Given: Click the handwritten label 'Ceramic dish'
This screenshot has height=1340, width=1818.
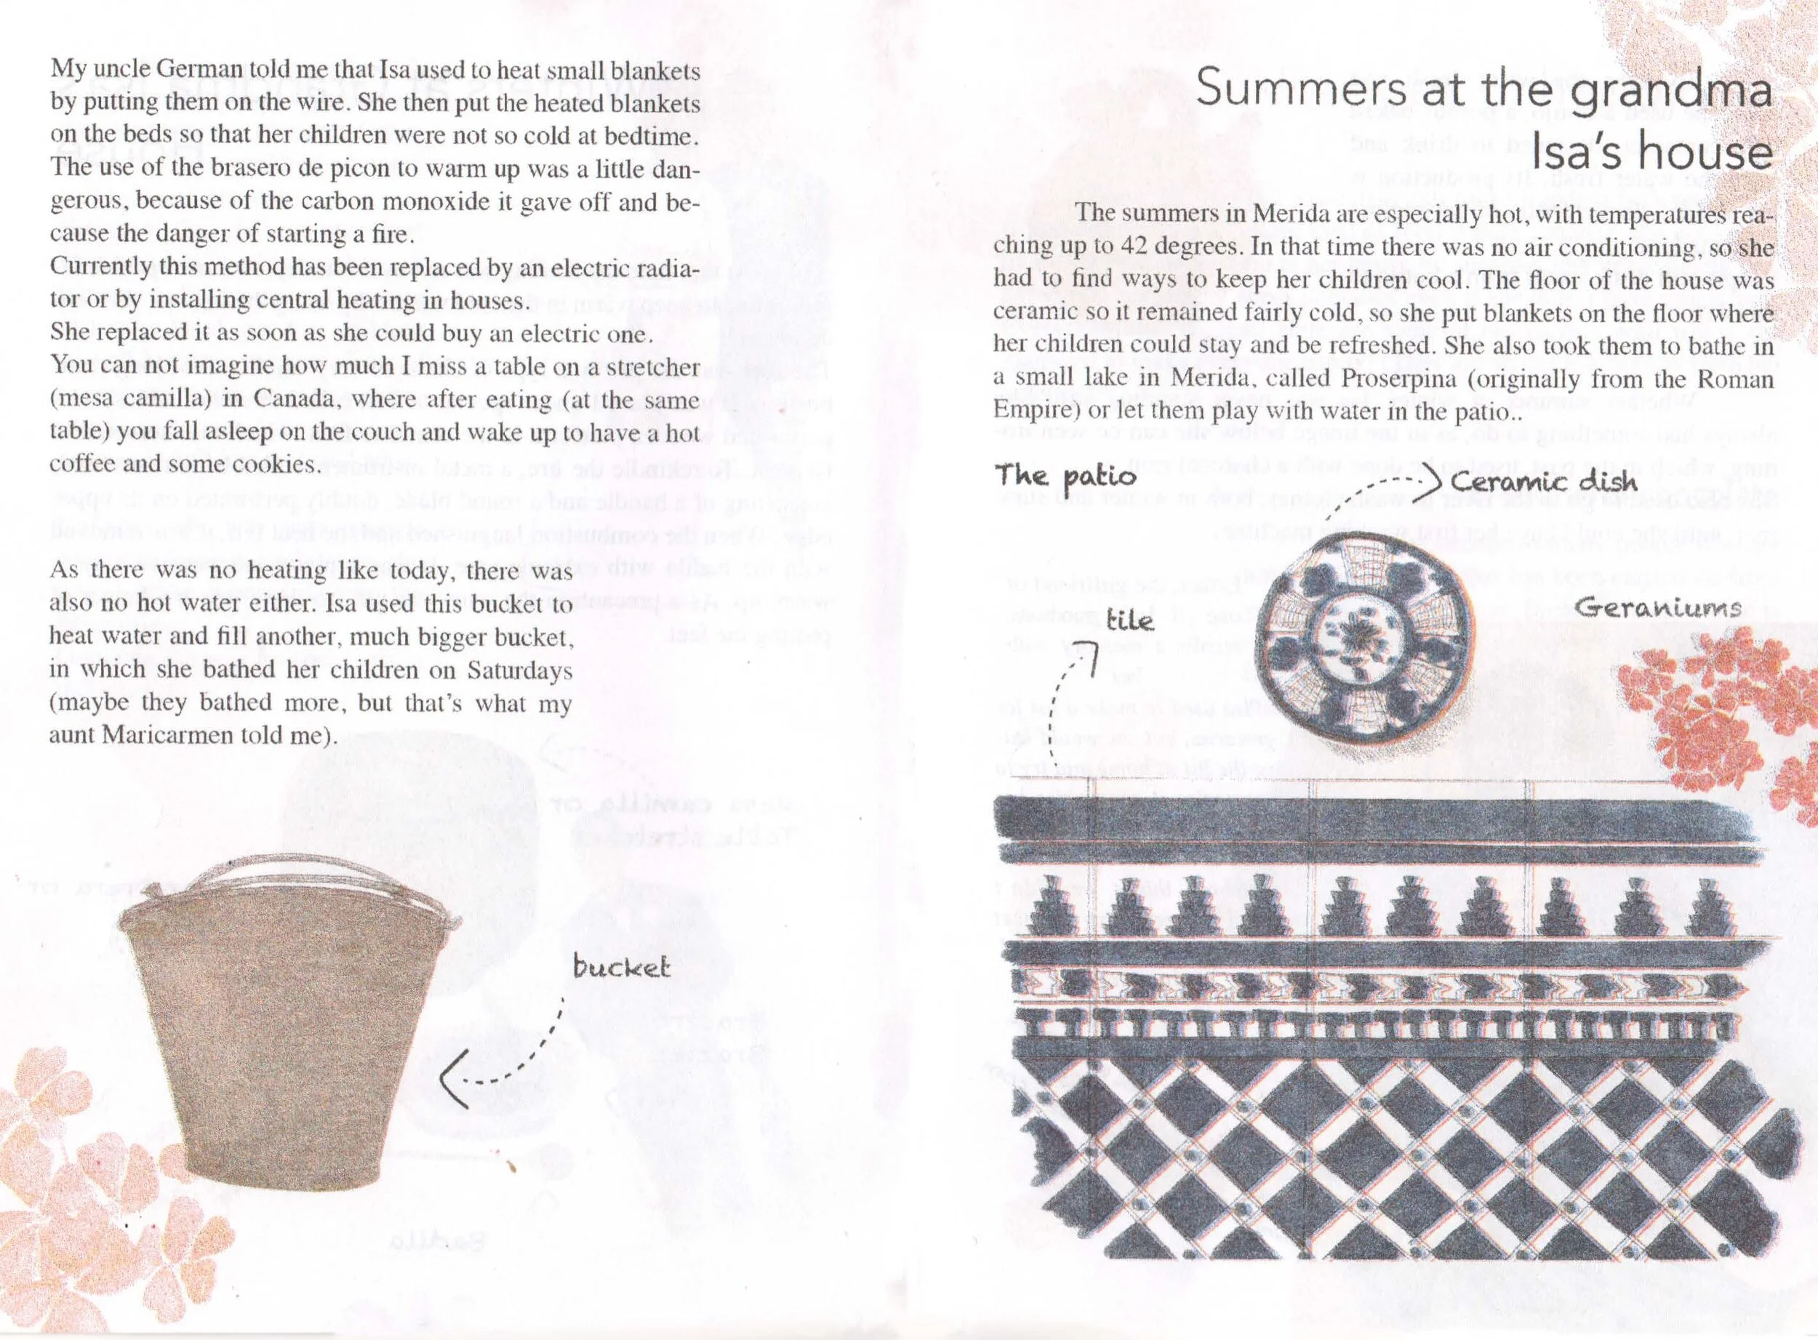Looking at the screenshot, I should [x=1544, y=482].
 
